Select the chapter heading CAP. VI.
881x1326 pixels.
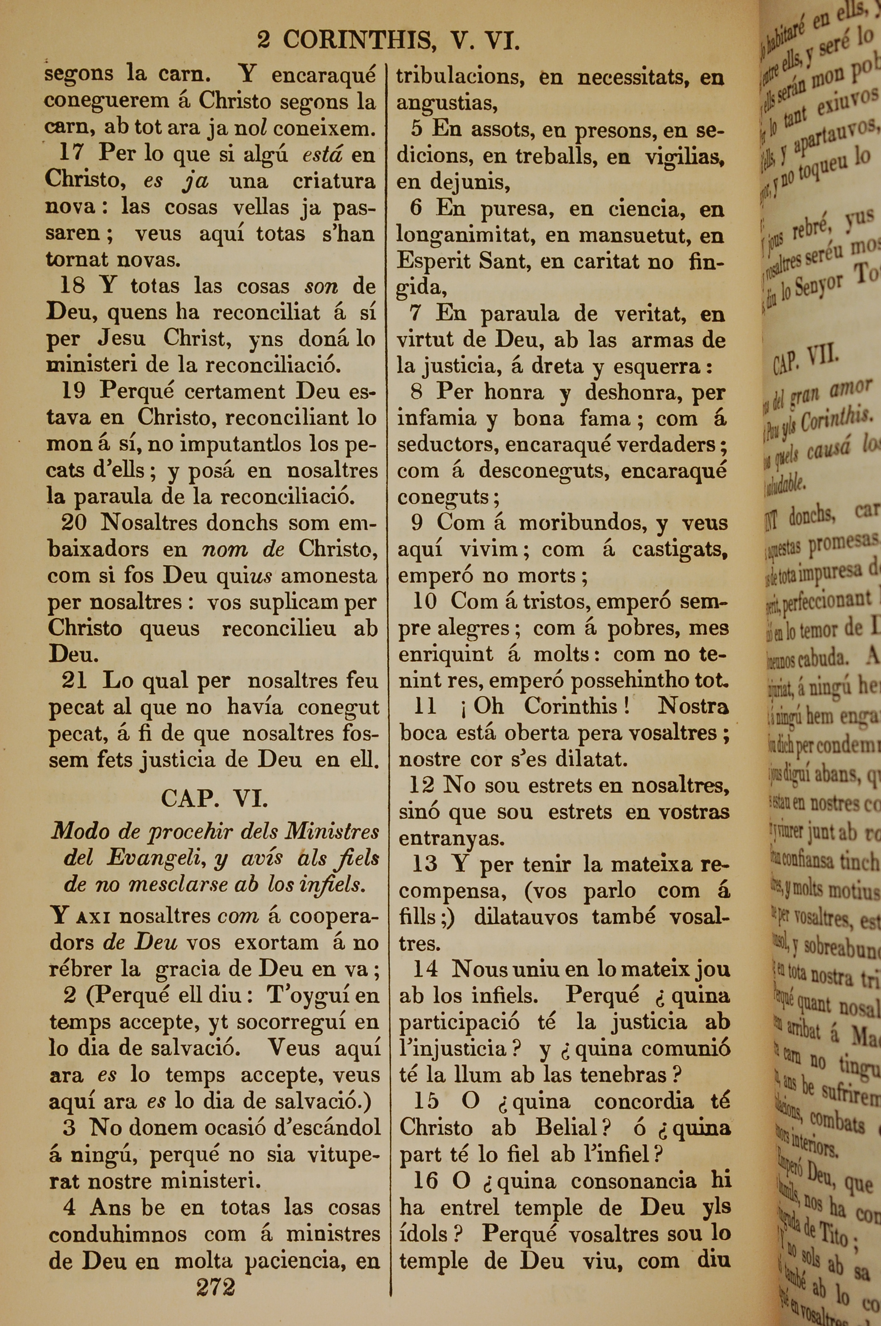[215, 798]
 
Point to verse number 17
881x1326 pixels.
[71, 153]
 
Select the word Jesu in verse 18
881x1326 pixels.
[122, 339]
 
